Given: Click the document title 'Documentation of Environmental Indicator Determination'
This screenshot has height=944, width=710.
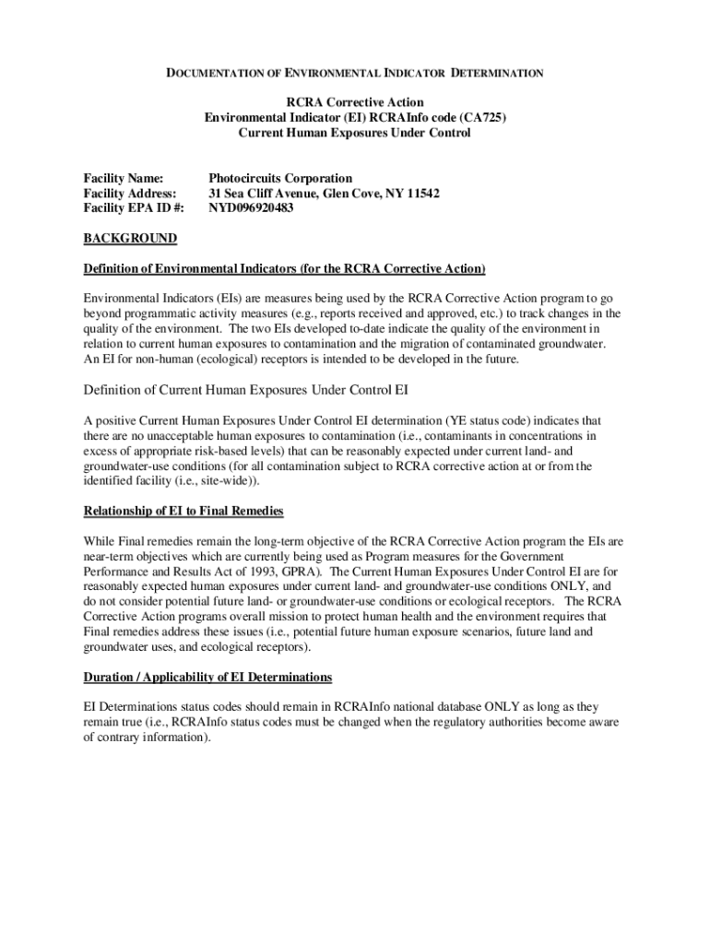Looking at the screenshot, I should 354,72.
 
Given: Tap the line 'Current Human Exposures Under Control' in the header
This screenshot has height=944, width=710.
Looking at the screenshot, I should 354,133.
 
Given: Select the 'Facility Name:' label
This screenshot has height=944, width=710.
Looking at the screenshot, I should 124,178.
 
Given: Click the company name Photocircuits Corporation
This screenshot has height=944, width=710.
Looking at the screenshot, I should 280,178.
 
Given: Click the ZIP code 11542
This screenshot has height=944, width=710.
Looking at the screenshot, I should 421,193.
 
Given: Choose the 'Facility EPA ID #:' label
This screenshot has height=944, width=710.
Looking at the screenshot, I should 134,208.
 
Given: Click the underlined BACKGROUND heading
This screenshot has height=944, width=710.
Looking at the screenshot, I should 130,239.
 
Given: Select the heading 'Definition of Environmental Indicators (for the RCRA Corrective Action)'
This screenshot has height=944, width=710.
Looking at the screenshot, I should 284,268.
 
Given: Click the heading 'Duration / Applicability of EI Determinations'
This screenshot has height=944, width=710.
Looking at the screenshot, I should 207,677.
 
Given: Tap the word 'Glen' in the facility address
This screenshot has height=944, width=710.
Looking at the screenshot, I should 340,193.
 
